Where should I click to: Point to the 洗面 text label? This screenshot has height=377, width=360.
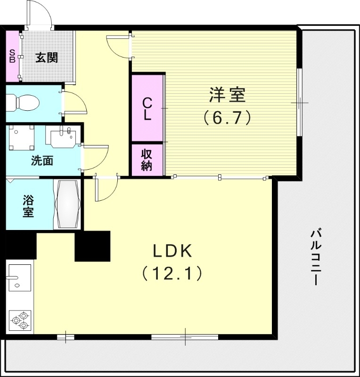(x=42, y=161)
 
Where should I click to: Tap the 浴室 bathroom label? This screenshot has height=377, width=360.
(x=28, y=205)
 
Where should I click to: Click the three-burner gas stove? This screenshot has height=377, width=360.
(x=19, y=321)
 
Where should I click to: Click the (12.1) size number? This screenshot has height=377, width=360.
(x=172, y=273)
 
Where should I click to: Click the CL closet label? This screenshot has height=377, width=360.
(x=147, y=108)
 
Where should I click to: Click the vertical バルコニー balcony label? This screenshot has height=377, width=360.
(x=317, y=257)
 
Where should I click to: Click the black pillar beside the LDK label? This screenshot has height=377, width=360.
(x=92, y=246)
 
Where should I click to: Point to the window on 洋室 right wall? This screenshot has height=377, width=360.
(x=299, y=102)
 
